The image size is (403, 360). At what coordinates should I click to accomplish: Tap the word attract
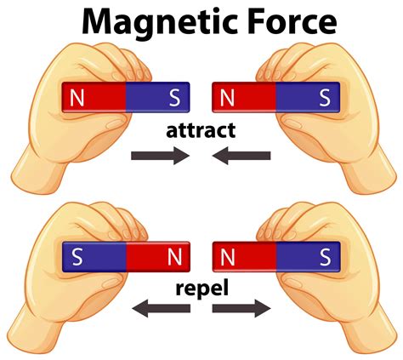pyautogui.click(x=201, y=130)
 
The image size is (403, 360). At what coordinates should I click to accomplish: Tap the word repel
pyautogui.click(x=201, y=287)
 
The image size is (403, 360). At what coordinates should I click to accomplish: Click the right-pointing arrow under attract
pyautogui.click(x=159, y=156)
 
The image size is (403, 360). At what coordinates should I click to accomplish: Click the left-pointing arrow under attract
pyautogui.click(x=242, y=156)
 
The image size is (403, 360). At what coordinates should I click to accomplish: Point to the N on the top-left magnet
pyautogui.click(x=78, y=98)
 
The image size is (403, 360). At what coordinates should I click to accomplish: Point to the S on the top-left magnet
pyautogui.click(x=175, y=98)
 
